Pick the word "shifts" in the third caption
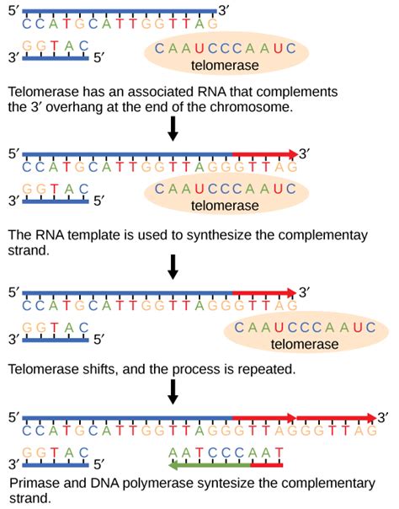click(95, 367)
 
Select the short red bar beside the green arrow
click(266, 464)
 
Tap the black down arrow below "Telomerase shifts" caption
click(173, 391)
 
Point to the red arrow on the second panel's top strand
click(264, 154)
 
